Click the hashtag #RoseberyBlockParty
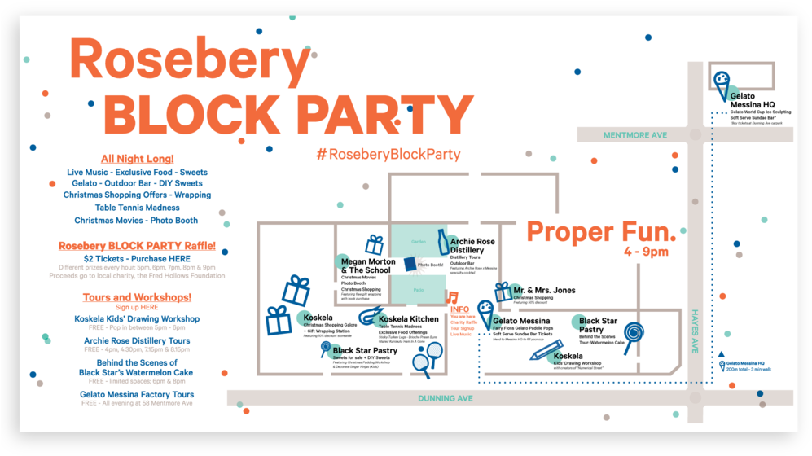pos(388,154)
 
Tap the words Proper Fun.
pos(601,231)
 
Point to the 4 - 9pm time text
pos(647,252)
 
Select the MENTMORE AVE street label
pos(634,134)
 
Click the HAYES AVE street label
pos(696,331)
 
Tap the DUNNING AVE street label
pos(446,399)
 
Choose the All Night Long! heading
pos(137,159)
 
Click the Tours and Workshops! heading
pos(137,297)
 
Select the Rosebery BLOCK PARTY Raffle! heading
pos(137,245)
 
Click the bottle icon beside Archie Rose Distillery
pos(443,242)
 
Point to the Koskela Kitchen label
pos(409,319)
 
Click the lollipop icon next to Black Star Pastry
pos(634,333)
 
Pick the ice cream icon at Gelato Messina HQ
pos(721,82)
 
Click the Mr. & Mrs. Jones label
pos(544,290)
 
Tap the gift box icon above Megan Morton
pos(374,244)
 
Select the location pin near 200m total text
pos(721,365)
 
